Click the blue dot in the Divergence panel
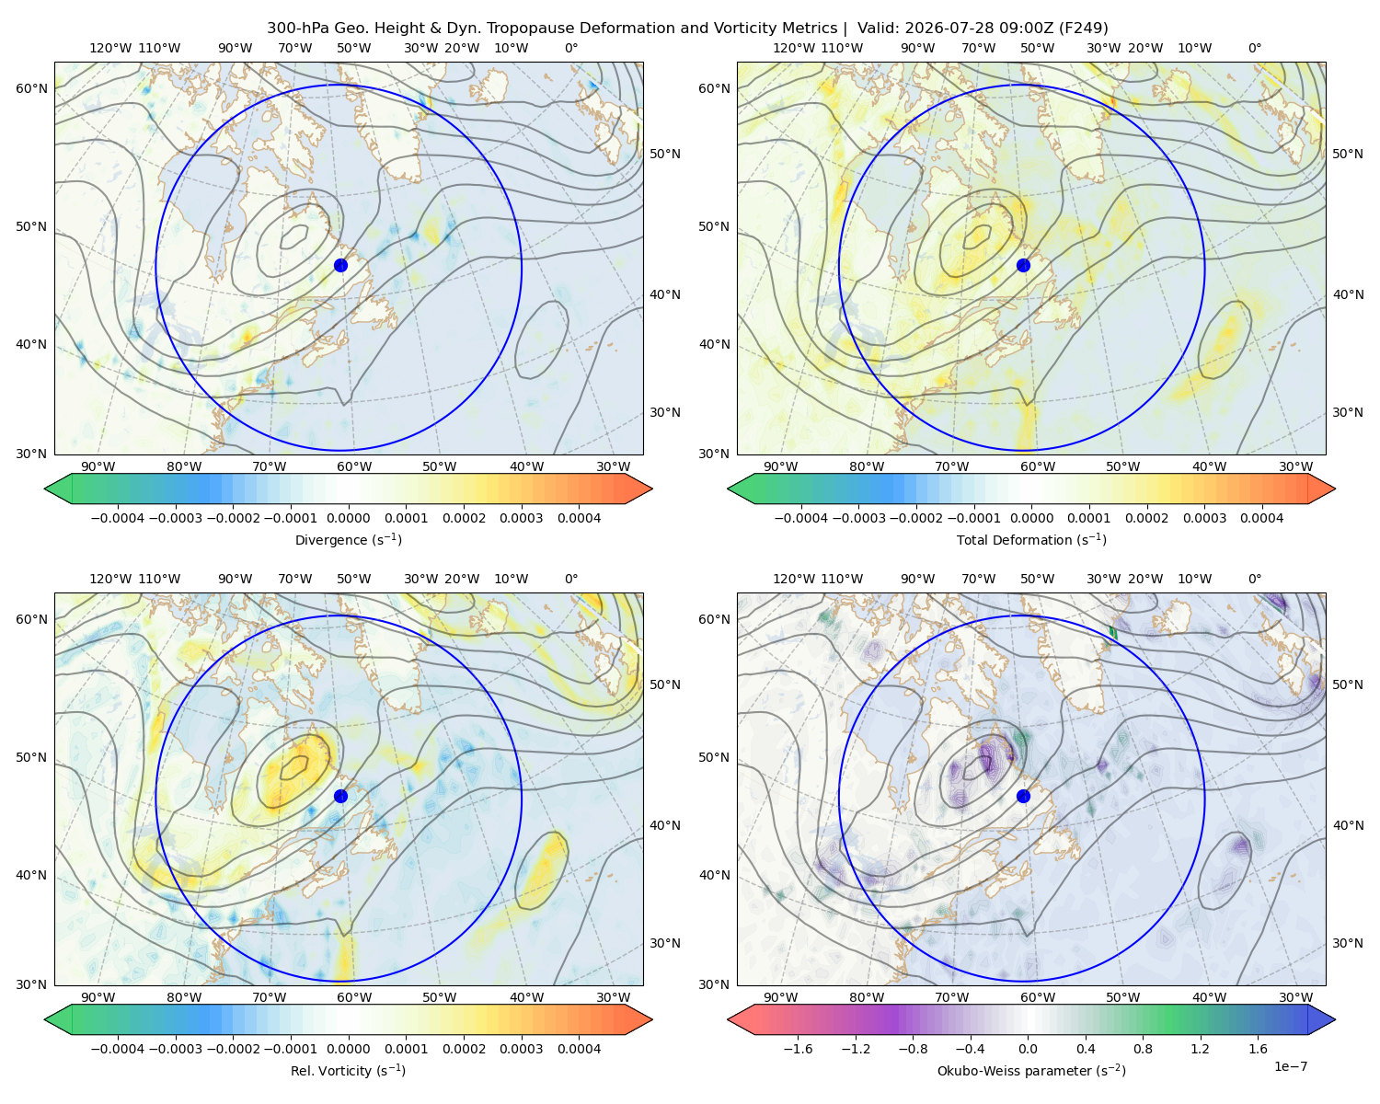point(340,265)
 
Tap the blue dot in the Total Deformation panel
point(1023,265)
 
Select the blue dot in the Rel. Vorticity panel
point(340,796)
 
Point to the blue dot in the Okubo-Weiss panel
point(1023,796)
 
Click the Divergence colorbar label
point(348,539)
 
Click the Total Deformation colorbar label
point(1031,539)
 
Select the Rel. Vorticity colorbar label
point(348,1070)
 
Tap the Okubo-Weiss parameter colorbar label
point(1031,1070)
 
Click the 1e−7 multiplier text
point(1290,1066)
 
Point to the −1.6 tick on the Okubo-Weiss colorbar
point(798,1048)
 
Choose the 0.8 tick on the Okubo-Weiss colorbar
point(1143,1048)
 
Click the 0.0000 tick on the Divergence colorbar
point(348,518)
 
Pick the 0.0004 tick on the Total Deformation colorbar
point(1261,518)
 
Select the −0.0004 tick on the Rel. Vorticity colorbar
point(118,1048)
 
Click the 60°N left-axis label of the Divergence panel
point(31,88)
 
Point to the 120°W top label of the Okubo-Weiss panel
point(793,579)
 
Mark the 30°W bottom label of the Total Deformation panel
point(1295,466)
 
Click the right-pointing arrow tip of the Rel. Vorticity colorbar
point(652,1019)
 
